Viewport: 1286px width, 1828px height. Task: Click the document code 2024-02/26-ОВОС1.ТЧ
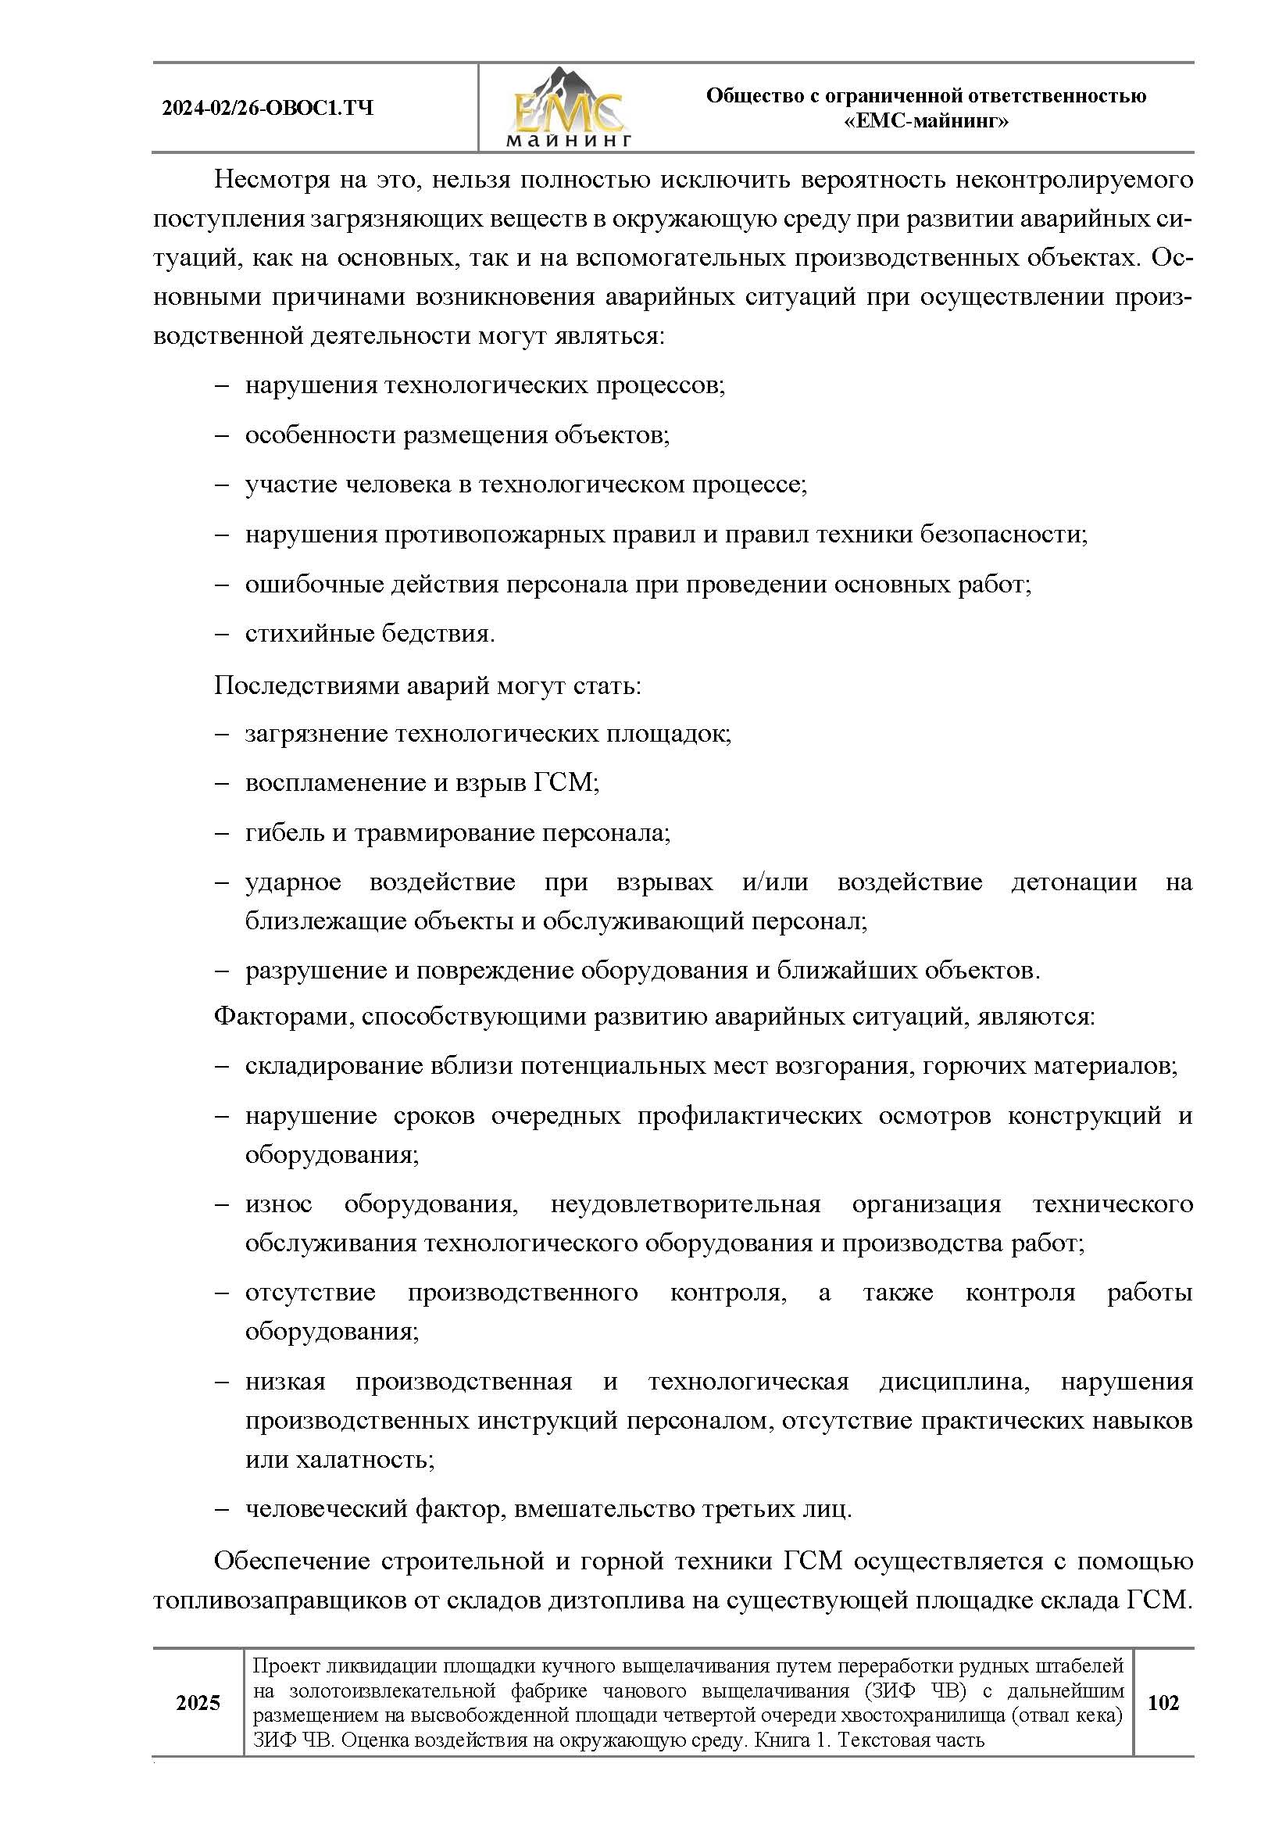(x=267, y=109)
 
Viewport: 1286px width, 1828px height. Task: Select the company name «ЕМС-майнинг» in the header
(x=926, y=122)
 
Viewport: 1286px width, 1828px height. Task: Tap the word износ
(x=278, y=1204)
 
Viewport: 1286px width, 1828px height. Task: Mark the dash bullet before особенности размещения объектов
(x=222, y=435)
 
